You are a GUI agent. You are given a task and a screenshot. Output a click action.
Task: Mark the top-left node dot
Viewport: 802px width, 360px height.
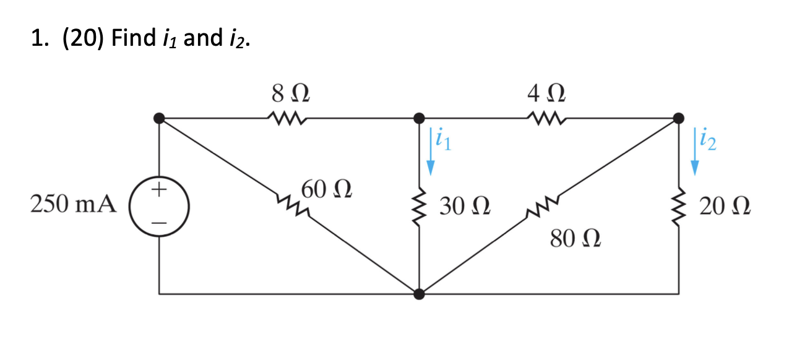160,116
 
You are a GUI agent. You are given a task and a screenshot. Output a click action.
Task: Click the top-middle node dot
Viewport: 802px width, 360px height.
420,116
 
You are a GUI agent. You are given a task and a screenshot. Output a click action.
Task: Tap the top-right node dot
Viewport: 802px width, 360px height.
679,116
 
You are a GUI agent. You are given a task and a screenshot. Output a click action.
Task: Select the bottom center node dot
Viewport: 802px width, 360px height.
420,294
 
